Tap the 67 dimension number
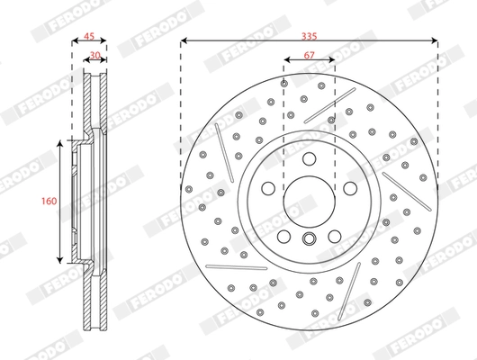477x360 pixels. [309, 55]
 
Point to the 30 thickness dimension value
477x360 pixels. [95, 55]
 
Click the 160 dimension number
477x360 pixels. [47, 201]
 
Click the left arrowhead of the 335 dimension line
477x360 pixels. [184, 42]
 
